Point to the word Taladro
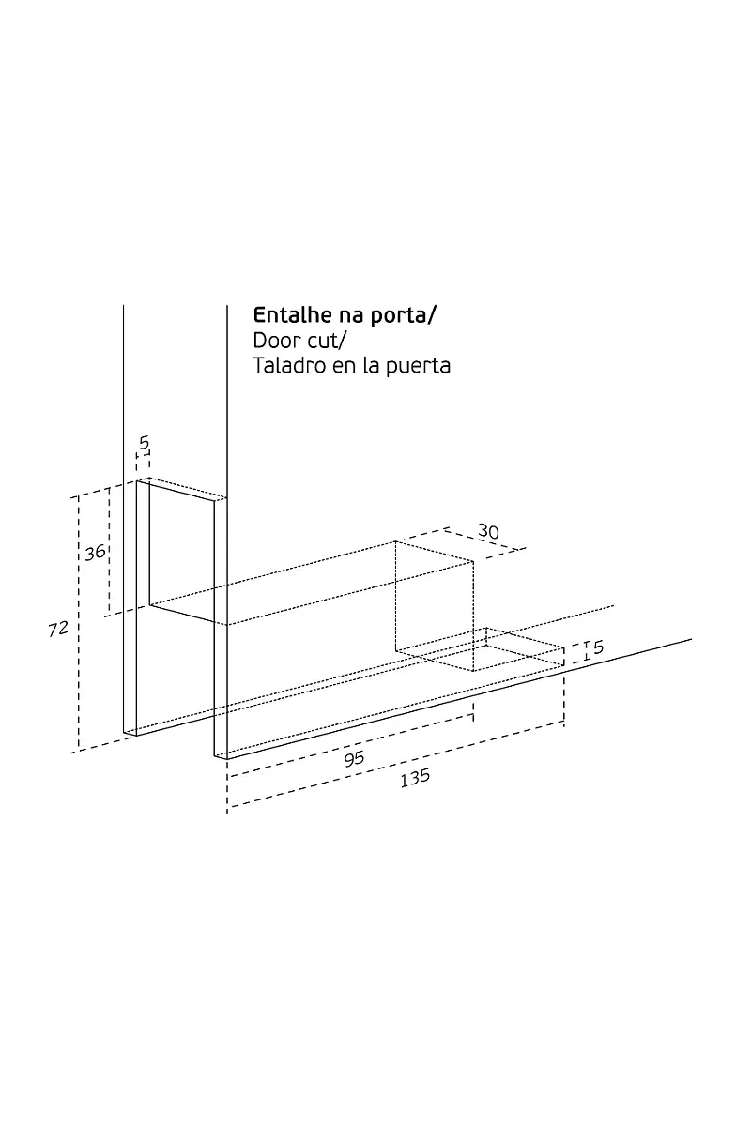(x=289, y=365)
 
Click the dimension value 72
(x=58, y=630)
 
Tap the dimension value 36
(x=95, y=553)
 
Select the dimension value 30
(x=488, y=531)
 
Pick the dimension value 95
(x=354, y=759)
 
